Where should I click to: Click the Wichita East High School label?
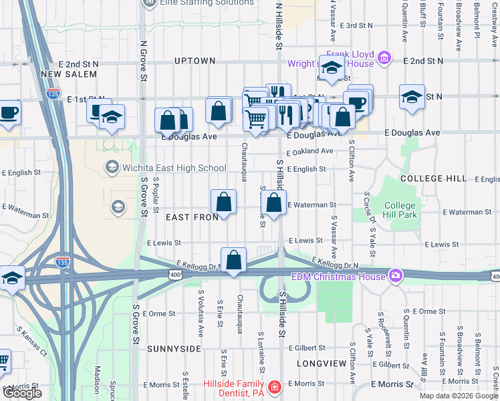[x=175, y=168]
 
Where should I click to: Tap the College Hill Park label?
[x=400, y=210]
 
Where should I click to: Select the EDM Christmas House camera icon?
[x=396, y=275]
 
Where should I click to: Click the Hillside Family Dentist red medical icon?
[x=274, y=388]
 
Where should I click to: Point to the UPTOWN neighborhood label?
[x=195, y=61]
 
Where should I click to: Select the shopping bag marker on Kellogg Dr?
[x=233, y=260]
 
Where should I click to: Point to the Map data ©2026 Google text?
[x=458, y=396]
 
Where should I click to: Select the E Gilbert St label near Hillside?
[x=307, y=348]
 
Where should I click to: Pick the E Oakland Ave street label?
[x=309, y=152]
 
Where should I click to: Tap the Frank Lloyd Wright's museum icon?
[x=384, y=59]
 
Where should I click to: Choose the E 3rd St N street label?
[x=356, y=25]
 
